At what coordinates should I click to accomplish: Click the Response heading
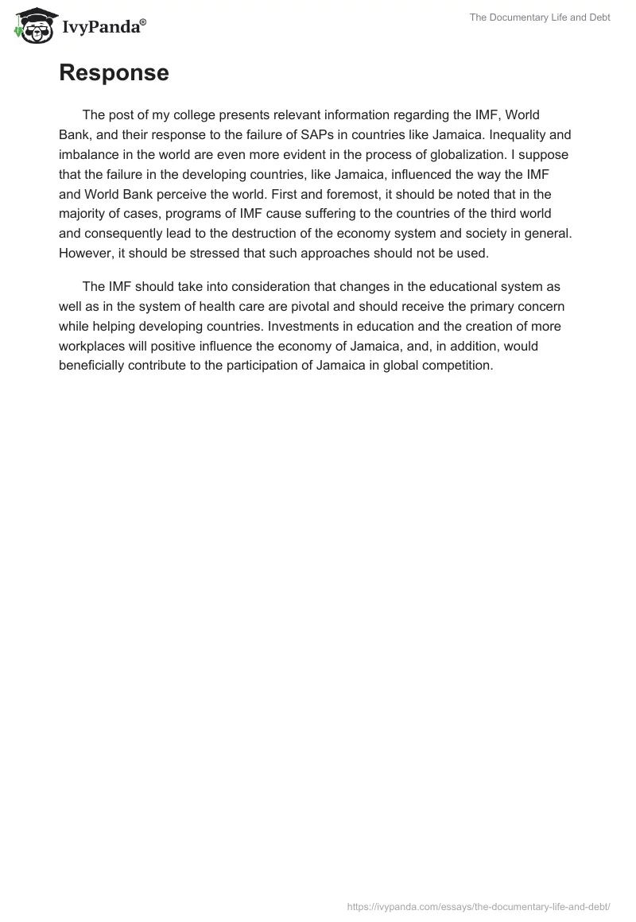pyautogui.click(x=114, y=73)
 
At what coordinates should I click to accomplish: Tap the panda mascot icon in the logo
pyautogui.click(x=33, y=26)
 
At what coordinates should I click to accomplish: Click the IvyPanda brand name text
pyautogui.click(x=103, y=28)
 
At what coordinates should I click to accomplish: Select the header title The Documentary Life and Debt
pyautogui.click(x=540, y=17)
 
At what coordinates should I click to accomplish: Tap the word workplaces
pyautogui.click(x=91, y=346)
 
